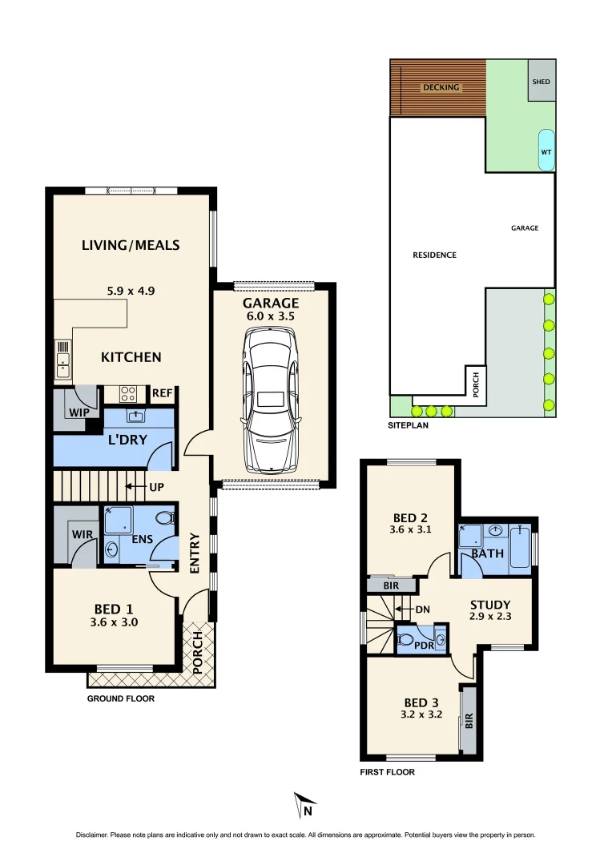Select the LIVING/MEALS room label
tap(131, 245)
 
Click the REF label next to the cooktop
tap(163, 393)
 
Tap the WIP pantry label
tap(79, 412)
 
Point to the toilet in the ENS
tap(165, 518)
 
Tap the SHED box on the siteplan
tap(542, 82)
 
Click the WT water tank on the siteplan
tap(546, 150)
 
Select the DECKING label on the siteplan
tap(441, 87)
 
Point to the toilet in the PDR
tap(407, 641)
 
